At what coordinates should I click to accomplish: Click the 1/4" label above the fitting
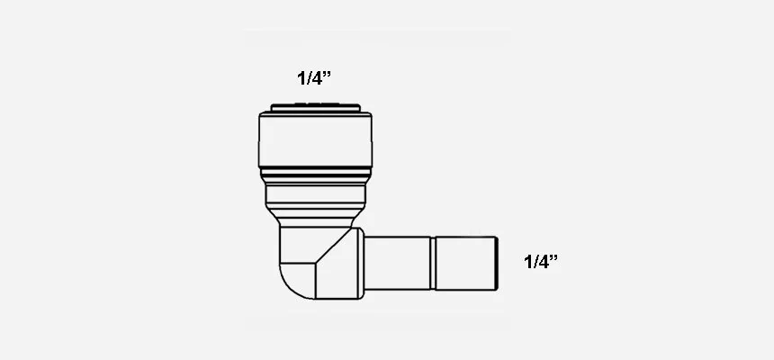coord(314,78)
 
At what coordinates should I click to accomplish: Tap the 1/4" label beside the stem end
coord(541,261)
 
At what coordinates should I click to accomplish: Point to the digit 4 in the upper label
coord(316,78)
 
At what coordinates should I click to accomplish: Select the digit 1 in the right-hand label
coord(528,262)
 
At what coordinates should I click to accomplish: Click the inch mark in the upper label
coord(327,74)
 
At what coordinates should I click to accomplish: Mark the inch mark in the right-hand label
coord(553,256)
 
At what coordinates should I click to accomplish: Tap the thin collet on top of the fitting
coord(315,107)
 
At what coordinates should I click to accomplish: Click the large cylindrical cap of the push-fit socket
coord(315,139)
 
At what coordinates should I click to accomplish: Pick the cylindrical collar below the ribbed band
coord(315,196)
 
